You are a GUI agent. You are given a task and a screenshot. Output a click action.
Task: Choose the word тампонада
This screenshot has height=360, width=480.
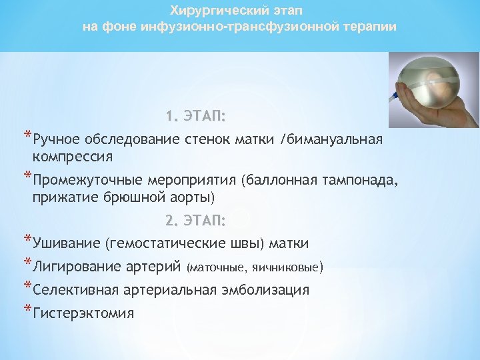pos(359,180)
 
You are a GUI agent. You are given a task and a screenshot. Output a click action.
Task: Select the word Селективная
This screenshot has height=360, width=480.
pos(75,290)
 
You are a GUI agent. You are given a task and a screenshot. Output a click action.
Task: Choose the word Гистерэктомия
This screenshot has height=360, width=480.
pos(83,313)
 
